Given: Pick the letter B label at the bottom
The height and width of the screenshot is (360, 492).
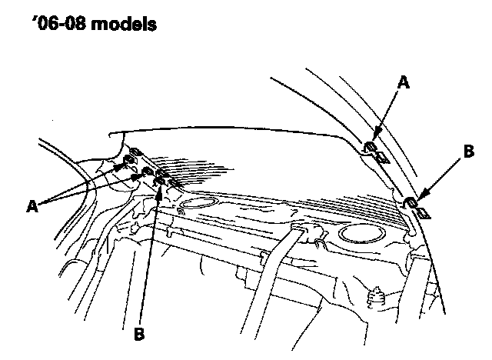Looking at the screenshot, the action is pyautogui.click(x=139, y=334).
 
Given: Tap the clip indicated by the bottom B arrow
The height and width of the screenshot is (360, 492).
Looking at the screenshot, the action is pyautogui.click(x=161, y=182).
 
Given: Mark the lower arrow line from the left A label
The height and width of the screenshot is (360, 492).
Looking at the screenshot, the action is pyautogui.click(x=92, y=188).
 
